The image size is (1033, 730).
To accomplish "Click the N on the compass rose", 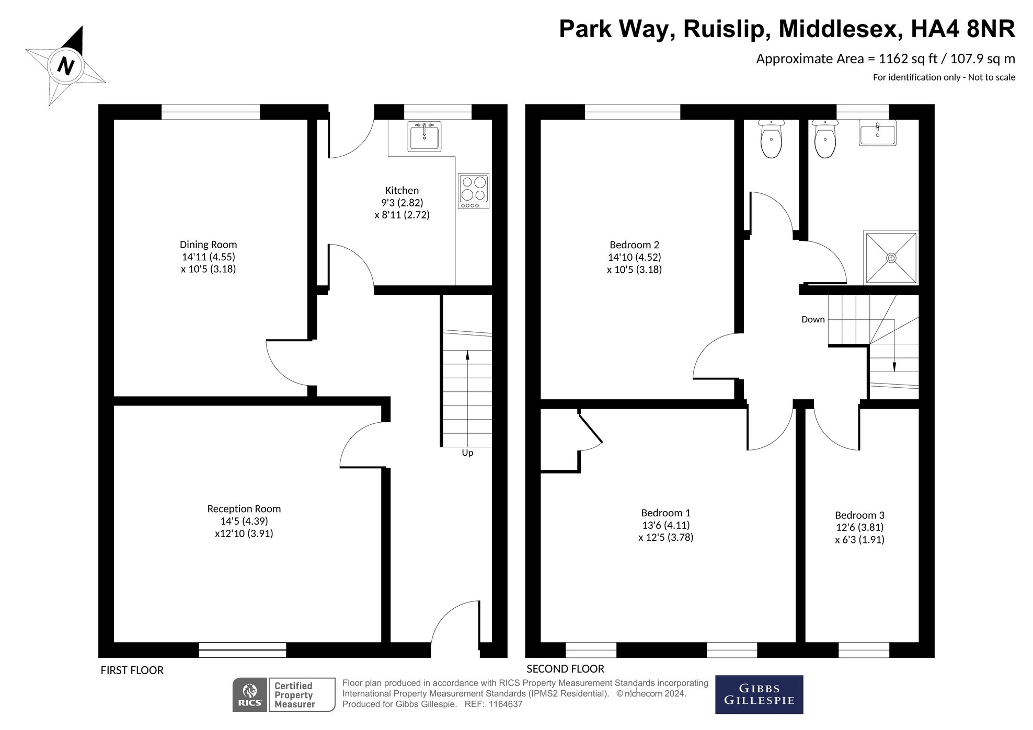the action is tap(65, 66).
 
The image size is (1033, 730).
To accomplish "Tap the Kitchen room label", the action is tap(402, 191).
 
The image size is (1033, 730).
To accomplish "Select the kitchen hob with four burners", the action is tap(474, 191).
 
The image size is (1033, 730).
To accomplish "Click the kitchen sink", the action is tap(424, 136).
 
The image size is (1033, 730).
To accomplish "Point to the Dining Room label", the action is tap(208, 245).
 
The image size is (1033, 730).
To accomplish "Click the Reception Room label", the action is tap(244, 509).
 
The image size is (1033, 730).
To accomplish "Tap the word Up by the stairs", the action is tap(467, 453).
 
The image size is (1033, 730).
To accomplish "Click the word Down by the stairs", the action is tap(813, 319).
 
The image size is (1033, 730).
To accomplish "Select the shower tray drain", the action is tap(891, 258).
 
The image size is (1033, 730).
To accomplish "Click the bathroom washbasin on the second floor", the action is tap(878, 133).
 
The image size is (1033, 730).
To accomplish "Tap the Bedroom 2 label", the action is tap(634, 245).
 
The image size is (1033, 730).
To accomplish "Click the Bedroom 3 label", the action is tap(859, 515).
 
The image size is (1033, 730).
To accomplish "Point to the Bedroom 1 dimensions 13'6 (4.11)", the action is tap(666, 525).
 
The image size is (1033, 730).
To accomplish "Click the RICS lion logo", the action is tap(250, 695).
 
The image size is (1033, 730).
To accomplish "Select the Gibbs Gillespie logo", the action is tap(759, 695).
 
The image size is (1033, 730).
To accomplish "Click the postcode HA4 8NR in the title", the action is tap(963, 29).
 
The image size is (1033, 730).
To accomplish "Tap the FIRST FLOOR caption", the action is tap(132, 670).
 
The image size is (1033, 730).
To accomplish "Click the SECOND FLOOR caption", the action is tap(565, 669).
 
